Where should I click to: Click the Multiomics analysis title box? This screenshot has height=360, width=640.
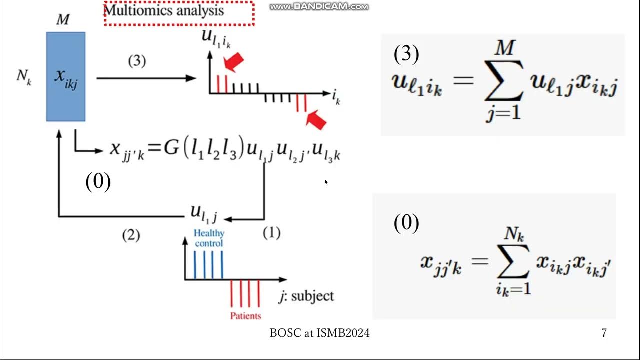click(x=178, y=13)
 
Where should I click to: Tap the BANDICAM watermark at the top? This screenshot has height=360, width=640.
click(x=319, y=6)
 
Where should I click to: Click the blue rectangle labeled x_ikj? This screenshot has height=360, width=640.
click(x=66, y=76)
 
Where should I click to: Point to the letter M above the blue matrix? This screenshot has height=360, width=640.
click(x=63, y=20)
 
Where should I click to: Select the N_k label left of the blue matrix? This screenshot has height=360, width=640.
click(x=23, y=77)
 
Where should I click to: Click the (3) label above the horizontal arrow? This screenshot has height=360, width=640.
click(x=137, y=61)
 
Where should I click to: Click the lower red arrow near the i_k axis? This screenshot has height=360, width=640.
click(x=315, y=120)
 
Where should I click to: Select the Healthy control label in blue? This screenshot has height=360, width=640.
click(x=209, y=238)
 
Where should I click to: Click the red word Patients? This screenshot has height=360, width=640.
click(x=245, y=316)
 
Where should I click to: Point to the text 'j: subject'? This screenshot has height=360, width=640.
click(x=306, y=296)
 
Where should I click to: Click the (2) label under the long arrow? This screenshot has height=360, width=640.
click(x=131, y=235)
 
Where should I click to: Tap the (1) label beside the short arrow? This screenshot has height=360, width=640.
click(x=271, y=232)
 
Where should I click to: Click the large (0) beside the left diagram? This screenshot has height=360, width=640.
click(x=98, y=182)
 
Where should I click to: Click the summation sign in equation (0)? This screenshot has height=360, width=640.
click(x=513, y=264)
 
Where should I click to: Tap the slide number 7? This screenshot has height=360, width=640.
click(x=604, y=333)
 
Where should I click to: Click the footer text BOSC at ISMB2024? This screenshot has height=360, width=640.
click(x=320, y=333)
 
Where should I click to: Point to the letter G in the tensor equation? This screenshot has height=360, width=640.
click(x=171, y=149)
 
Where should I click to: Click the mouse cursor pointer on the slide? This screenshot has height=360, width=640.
click(x=326, y=182)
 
